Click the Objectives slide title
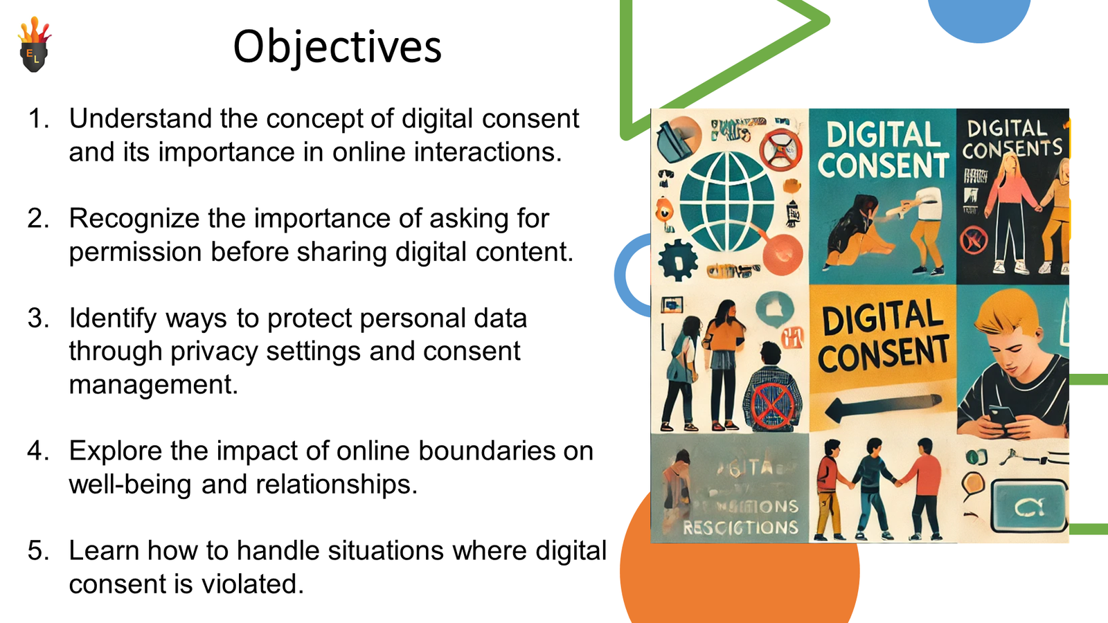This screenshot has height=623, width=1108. pos(337,47)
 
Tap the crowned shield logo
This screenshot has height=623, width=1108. pos(34,46)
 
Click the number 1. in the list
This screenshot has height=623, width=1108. pos(39,119)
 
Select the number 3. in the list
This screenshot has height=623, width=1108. pos(39,318)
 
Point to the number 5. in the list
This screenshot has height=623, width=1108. pos(39,551)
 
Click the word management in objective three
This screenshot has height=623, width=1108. pos(153,385)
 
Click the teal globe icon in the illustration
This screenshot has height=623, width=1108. pos(726,201)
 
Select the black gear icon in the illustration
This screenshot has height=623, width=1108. pos(677,260)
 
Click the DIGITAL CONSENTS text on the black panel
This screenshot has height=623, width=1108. pos(1010,138)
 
